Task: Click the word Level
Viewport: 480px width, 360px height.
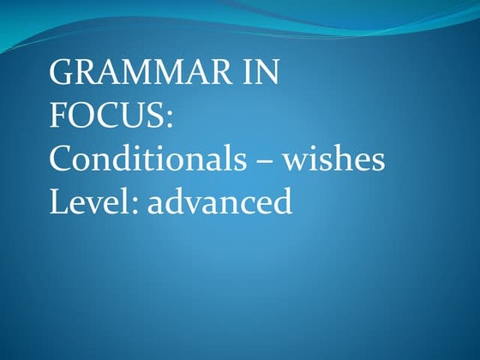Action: [x=83, y=201]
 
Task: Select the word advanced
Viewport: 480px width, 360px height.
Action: [x=210, y=201]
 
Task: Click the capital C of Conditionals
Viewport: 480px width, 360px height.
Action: [x=61, y=159]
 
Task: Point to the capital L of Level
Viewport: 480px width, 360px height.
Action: [x=58, y=201]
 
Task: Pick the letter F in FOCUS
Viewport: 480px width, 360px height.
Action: [x=58, y=116]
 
